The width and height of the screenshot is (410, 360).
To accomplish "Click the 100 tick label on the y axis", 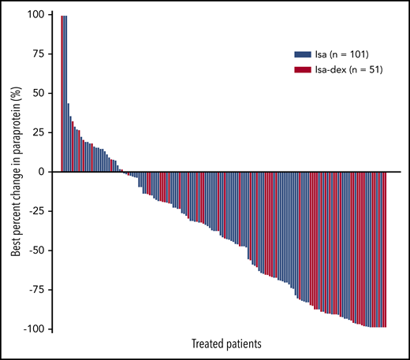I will [x=37, y=14].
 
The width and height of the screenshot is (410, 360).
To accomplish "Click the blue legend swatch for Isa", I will [x=301, y=55].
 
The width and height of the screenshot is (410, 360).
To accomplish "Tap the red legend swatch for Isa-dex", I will [x=301, y=70].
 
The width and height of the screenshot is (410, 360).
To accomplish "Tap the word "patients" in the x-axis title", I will [x=243, y=344].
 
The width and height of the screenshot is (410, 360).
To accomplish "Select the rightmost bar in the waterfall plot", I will [x=386, y=249].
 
